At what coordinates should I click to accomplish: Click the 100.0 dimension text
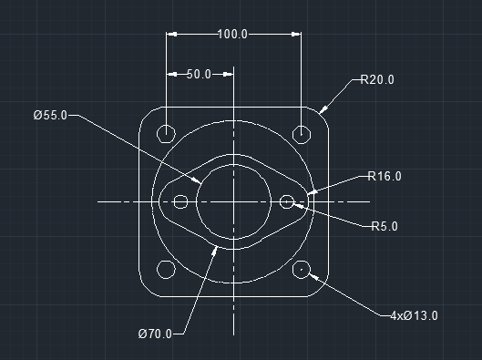[232, 34]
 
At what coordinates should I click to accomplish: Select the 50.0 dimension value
[199, 75]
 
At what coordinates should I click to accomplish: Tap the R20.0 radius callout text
[377, 79]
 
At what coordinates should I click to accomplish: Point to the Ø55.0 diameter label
[50, 115]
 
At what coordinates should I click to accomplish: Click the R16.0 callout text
[385, 176]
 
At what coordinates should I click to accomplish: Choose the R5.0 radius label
[385, 226]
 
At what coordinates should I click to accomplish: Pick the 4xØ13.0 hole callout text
[414, 315]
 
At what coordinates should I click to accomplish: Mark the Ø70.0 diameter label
[155, 334]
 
